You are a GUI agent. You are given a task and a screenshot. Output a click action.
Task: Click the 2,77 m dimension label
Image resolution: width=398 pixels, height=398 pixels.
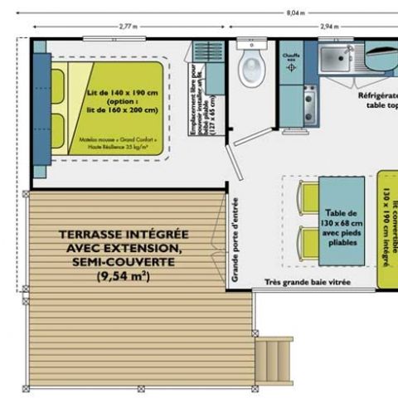(x=128, y=27)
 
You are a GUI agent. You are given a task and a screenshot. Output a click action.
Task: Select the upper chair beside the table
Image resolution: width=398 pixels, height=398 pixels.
(x=308, y=197)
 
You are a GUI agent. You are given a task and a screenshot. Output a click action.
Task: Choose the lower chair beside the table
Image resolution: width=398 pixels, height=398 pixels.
(x=308, y=244)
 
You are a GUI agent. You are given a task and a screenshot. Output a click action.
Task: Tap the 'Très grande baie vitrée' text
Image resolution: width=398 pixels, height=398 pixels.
(x=308, y=283)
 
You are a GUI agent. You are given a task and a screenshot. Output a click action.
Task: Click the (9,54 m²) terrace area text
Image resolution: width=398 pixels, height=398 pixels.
(x=124, y=276)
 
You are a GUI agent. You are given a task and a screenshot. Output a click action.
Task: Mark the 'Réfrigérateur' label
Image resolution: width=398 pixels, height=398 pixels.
(x=377, y=95)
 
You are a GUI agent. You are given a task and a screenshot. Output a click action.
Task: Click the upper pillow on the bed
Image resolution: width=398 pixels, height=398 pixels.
(x=57, y=83)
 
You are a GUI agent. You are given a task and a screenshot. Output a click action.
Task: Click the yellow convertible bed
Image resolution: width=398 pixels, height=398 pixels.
(x=387, y=228)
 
